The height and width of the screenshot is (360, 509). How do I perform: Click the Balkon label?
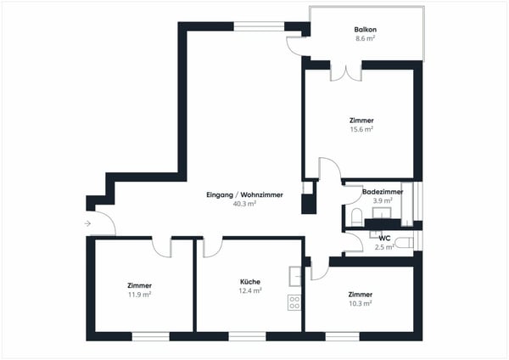[x=366, y=31]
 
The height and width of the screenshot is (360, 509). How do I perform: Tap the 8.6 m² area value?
[x=366, y=39]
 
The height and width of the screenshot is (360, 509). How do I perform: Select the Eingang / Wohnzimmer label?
[x=244, y=195]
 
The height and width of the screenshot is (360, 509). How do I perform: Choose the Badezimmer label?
[x=383, y=193]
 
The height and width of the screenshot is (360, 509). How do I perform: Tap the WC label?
[x=384, y=238]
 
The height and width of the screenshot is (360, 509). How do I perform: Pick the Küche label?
[x=249, y=281]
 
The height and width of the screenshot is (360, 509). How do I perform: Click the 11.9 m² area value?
[x=140, y=295]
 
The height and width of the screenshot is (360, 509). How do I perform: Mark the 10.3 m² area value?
[x=361, y=303]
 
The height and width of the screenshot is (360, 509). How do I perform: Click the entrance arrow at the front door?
[x=89, y=224]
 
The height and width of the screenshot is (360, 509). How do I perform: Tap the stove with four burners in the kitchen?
[x=295, y=301]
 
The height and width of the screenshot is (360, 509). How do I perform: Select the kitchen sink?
[x=295, y=275]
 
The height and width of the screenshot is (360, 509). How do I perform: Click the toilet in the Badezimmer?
[x=354, y=217]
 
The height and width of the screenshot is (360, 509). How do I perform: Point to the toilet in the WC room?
[x=404, y=243]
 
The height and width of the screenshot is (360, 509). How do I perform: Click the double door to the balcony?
[x=346, y=71]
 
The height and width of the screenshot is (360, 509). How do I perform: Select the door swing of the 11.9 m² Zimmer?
[x=162, y=246]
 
